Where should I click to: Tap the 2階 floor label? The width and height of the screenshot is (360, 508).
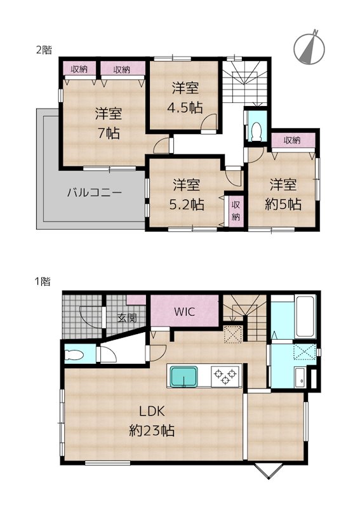tap(43, 50)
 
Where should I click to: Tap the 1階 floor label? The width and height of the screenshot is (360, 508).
tap(43, 280)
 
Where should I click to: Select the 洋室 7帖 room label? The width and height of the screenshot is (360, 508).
tap(108, 123)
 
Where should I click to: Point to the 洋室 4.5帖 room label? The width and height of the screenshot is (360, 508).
tap(185, 97)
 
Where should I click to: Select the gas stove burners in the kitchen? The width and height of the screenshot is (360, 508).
tap(223, 375)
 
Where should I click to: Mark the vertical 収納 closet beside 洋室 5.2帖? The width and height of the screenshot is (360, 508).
tap(236, 210)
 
